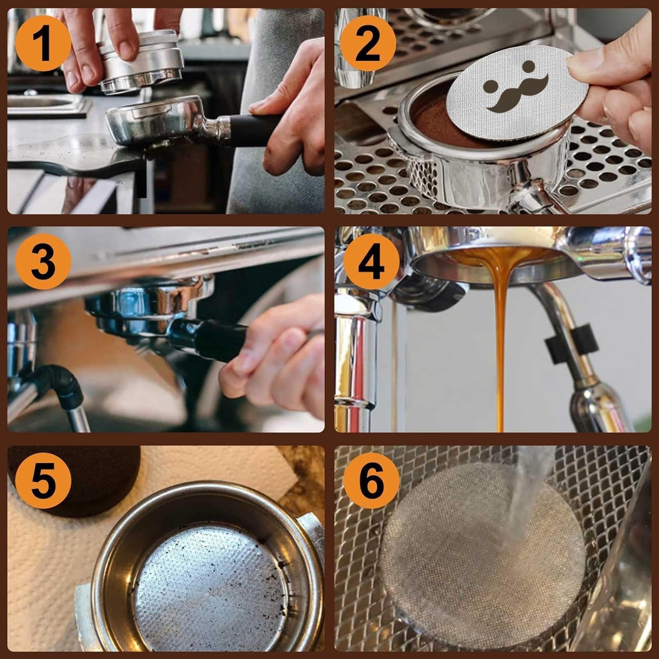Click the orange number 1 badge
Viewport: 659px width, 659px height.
click(x=43, y=44)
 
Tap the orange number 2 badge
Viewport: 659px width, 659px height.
click(x=368, y=44)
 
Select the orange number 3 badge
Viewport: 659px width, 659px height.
click(x=43, y=262)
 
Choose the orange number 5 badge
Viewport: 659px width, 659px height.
click(x=43, y=480)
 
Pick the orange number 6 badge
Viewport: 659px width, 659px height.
click(x=371, y=480)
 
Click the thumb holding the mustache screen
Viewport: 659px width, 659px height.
click(x=593, y=64)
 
